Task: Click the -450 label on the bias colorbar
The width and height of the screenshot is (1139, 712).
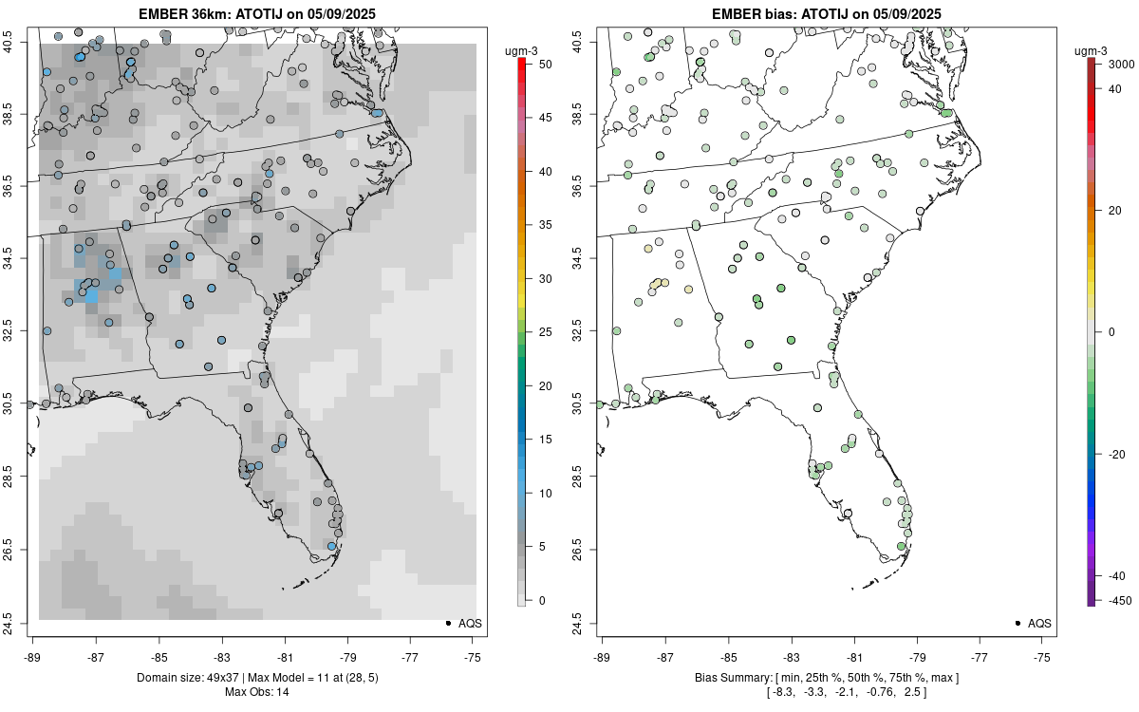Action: (1117, 600)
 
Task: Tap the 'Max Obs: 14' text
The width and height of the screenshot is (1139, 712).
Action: (257, 692)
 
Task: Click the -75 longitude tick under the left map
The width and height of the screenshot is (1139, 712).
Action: (474, 656)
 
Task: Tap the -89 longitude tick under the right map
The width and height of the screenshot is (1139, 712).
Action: (603, 656)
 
